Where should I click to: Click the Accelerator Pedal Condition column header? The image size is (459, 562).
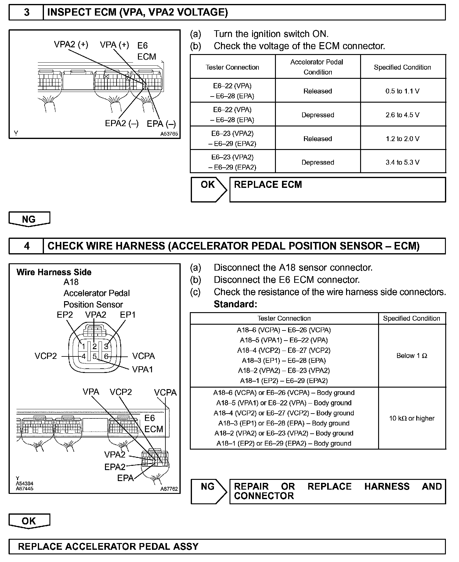click(x=317, y=67)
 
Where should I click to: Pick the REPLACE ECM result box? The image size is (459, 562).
click(x=337, y=190)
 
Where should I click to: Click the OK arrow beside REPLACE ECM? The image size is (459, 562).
click(x=208, y=190)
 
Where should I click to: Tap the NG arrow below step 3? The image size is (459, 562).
click(x=29, y=219)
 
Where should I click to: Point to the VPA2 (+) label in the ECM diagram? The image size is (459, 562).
click(x=71, y=45)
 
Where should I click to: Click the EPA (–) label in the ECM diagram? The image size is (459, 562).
click(x=161, y=124)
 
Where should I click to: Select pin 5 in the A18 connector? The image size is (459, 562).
click(x=95, y=356)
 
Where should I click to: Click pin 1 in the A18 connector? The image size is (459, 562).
click(x=83, y=346)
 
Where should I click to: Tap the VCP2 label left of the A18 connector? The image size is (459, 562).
click(x=46, y=356)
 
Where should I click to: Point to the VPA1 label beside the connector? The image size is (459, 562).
click(x=143, y=370)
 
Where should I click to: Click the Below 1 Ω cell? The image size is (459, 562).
click(x=412, y=356)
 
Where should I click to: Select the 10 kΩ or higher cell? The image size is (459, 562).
click(x=412, y=418)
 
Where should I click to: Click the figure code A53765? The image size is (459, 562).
click(x=169, y=134)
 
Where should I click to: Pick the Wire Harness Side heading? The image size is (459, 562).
click(x=54, y=272)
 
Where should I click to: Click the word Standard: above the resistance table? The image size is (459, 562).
click(x=235, y=304)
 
